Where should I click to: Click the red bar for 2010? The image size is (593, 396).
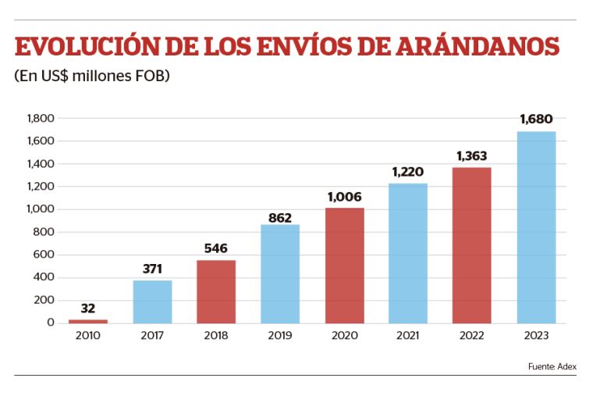click(87, 321)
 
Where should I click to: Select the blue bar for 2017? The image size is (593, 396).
click(152, 301)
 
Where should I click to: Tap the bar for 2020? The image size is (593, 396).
click(344, 266)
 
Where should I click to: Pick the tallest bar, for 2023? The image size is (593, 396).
click(536, 227)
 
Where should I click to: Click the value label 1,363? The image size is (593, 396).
click(472, 156)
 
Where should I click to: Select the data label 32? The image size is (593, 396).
click(87, 309)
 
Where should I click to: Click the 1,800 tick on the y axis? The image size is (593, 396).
click(39, 119)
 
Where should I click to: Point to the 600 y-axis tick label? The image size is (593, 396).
click(44, 255)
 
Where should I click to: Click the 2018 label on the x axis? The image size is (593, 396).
click(216, 336)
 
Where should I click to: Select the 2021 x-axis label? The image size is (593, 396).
click(408, 336)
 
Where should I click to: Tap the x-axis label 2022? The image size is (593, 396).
click(472, 336)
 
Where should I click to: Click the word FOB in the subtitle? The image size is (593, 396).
click(152, 77)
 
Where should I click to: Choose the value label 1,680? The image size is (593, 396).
click(536, 120)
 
